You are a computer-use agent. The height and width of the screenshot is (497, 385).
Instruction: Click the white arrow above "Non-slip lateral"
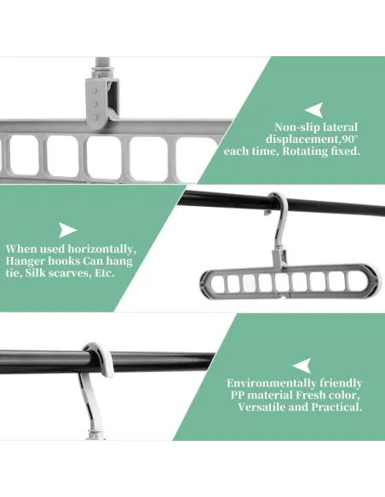(x=313, y=111)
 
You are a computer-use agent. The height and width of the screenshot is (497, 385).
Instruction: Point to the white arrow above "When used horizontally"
(x=68, y=230)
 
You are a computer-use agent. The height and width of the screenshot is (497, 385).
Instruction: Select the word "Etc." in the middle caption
(x=104, y=273)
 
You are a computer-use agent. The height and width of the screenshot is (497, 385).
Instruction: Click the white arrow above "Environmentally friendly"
(x=302, y=366)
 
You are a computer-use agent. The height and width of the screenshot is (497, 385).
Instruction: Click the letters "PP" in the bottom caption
(x=237, y=395)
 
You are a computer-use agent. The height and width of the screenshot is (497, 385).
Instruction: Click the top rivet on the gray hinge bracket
(x=95, y=91)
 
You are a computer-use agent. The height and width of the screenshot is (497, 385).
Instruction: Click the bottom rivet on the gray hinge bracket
(x=95, y=118)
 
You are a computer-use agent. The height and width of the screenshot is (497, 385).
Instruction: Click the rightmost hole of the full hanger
(x=353, y=281)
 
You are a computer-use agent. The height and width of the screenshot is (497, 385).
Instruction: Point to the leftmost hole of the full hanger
(x=216, y=283)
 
